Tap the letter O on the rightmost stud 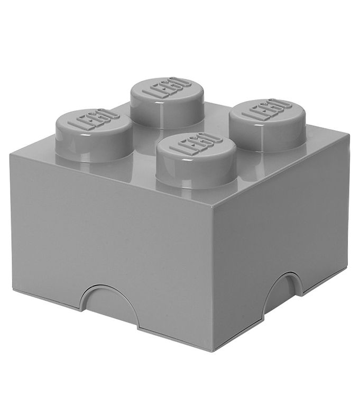pos(285,103)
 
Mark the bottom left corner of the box pos(13,293)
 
